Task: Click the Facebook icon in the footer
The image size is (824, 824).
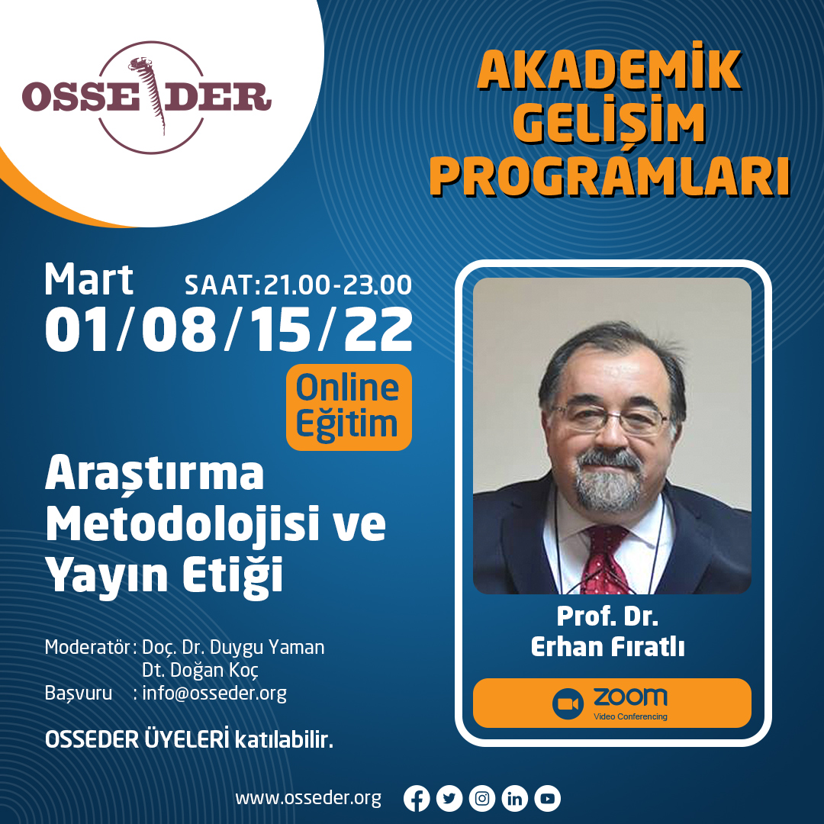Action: coord(417,799)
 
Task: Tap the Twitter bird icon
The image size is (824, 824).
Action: coord(449,799)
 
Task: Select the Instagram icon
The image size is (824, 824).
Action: coord(482,799)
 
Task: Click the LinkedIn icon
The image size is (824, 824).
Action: coord(515,799)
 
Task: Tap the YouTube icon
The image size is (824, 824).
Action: coord(548,799)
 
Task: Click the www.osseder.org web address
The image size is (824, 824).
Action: coord(308,798)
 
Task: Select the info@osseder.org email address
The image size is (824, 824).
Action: coord(214,693)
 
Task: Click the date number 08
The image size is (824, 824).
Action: coord(179,330)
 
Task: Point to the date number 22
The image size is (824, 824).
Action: coord(378,330)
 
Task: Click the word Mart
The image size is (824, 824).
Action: coord(89,279)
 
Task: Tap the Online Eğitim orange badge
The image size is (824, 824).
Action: coord(349,407)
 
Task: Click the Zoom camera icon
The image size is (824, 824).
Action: coord(568,703)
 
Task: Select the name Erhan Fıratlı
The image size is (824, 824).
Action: coord(607,647)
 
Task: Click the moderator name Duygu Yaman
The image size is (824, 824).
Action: coord(267,648)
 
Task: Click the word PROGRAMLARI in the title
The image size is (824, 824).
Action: coord(610,176)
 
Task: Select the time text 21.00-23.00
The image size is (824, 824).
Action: coord(337,285)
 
